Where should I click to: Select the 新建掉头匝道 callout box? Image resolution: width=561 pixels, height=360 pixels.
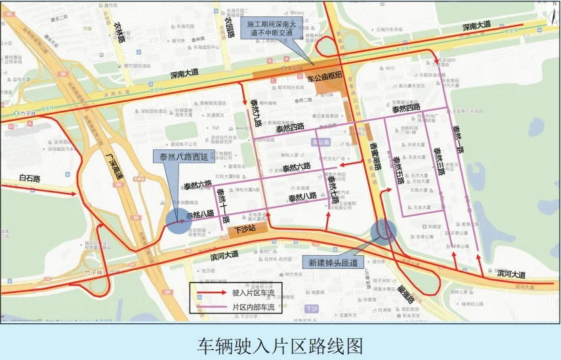[333, 262]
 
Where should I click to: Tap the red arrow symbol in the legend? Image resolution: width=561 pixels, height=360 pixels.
[210, 292]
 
